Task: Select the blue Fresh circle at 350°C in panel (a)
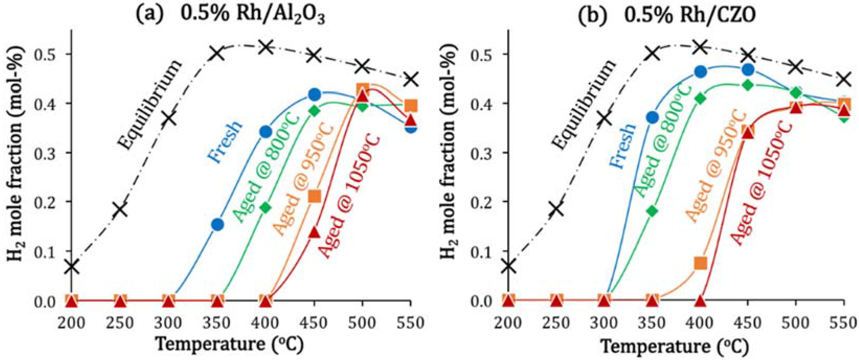(x=217, y=224)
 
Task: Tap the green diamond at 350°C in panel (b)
(x=652, y=211)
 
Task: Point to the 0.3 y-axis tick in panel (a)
(x=48, y=152)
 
